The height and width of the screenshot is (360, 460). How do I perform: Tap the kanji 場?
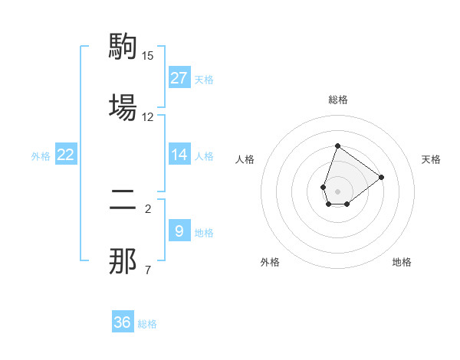pos(123,106)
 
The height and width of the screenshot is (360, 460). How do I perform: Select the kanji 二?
pos(123,201)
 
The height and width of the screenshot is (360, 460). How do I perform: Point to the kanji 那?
pos(123,260)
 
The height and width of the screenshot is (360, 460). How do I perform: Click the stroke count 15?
pos(148,56)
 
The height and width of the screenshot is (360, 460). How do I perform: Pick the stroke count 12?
pos(148,116)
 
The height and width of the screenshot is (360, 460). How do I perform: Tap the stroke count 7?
pos(148,270)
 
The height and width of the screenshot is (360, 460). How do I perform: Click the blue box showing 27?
pos(179,78)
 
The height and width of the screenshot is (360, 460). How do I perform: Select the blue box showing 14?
pos(179,155)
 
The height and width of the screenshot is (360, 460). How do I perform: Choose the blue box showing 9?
pos(179,231)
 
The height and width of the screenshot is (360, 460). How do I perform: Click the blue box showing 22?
pos(66,155)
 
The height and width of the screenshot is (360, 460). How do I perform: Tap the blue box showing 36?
pos(123,322)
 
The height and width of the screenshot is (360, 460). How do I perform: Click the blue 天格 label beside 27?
pos(204,79)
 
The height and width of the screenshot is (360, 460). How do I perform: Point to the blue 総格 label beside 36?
pos(147,324)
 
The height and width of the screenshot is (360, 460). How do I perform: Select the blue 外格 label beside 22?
pos(41,156)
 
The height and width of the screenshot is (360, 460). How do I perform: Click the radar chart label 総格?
pos(337,100)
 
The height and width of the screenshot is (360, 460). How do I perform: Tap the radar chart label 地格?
pos(402,263)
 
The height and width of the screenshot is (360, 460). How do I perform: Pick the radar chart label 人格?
pos(245,159)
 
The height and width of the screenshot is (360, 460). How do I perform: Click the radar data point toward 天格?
pos(382,176)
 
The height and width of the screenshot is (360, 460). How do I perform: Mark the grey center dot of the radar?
pos(337,190)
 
